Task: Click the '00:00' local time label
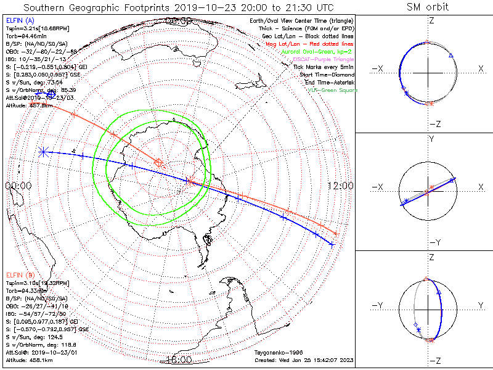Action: pyautogui.click(x=18, y=186)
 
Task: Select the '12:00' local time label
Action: pyautogui.click(x=340, y=186)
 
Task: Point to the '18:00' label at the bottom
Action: pyautogui.click(x=179, y=360)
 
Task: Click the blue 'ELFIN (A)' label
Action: pyautogui.click(x=20, y=21)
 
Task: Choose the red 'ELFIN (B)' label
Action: pyautogui.click(x=20, y=274)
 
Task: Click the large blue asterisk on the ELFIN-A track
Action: pyautogui.click(x=43, y=150)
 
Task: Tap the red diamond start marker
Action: pyautogui.click(x=159, y=163)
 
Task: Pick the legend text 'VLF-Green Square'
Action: pyautogui.click(x=332, y=90)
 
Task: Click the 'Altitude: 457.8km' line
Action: pyautogui.click(x=29, y=105)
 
